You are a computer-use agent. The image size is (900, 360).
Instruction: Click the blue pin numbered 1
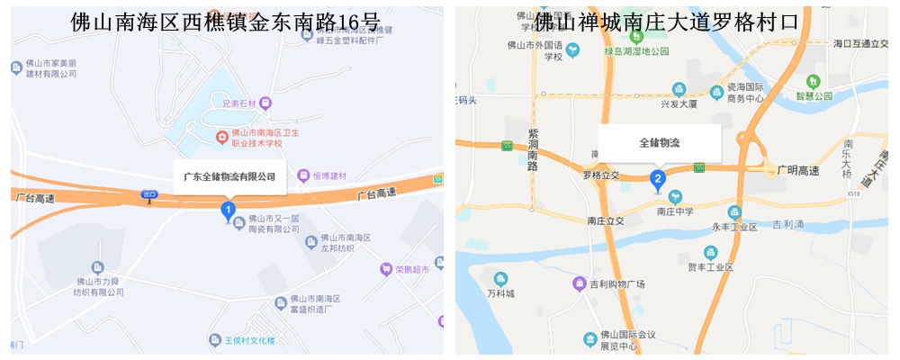(229, 211)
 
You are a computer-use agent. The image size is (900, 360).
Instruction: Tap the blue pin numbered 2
(658, 179)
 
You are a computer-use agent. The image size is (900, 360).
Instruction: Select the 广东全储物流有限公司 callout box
(229, 176)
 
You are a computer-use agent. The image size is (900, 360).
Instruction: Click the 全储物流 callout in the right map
(660, 142)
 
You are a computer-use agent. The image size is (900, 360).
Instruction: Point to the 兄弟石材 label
(240, 103)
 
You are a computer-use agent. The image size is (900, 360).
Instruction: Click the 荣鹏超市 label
(413, 268)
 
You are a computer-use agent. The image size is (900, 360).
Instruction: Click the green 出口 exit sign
(149, 194)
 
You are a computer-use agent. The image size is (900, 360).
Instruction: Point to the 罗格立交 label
(602, 175)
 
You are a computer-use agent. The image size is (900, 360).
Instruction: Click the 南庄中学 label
(673, 212)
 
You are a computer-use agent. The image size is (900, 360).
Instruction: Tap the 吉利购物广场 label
(617, 284)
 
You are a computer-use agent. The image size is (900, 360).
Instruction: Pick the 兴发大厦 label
(679, 103)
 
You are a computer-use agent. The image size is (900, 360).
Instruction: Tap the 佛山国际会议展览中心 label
(619, 340)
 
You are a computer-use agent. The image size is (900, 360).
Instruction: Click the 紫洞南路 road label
(532, 150)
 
